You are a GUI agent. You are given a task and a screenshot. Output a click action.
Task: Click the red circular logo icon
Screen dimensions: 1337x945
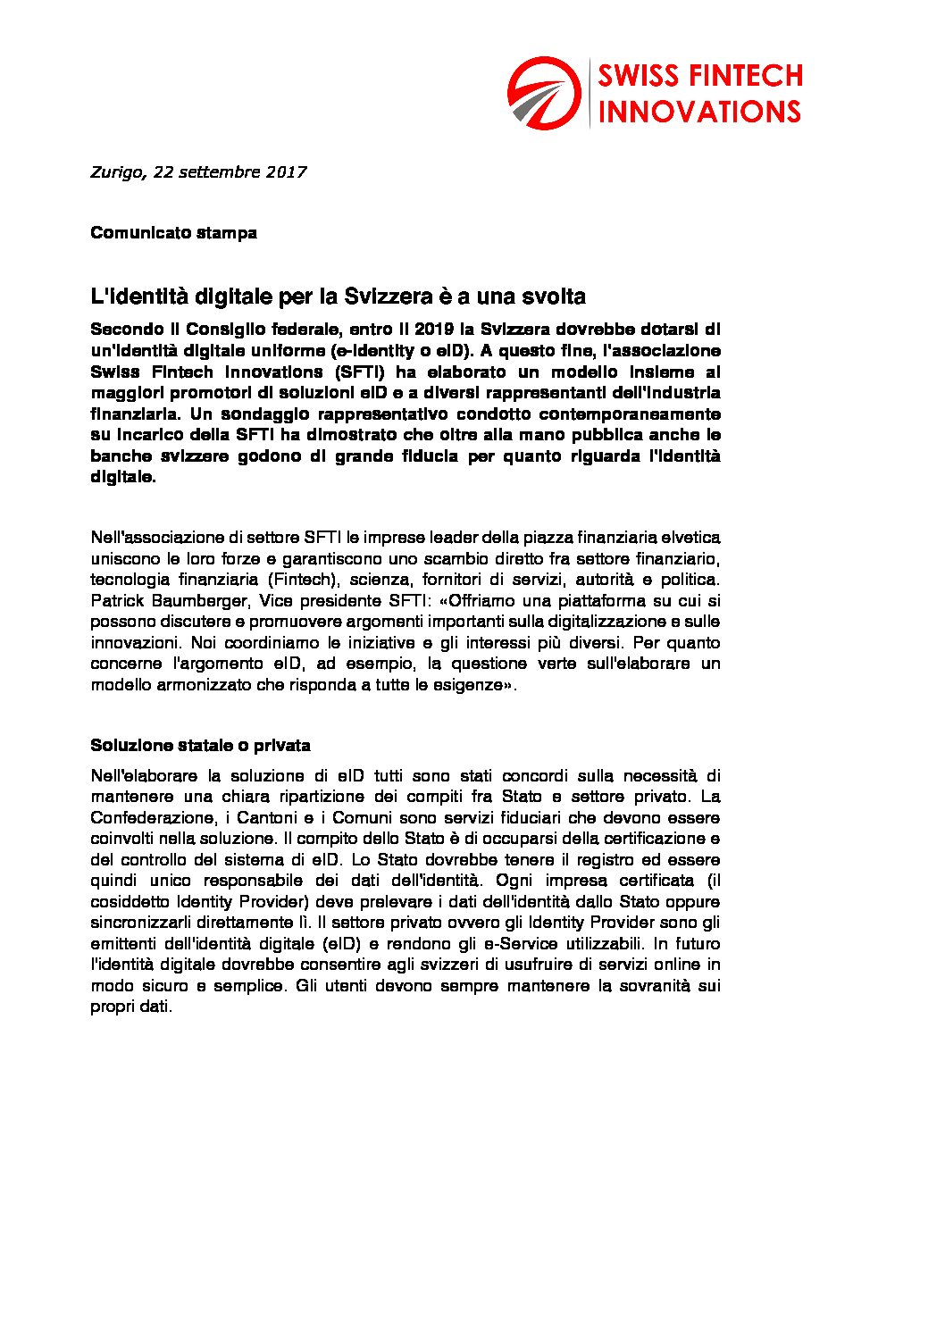(544, 93)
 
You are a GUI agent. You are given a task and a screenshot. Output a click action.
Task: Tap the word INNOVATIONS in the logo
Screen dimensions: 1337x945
(699, 112)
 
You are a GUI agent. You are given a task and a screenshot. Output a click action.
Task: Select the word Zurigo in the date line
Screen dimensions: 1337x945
(116, 172)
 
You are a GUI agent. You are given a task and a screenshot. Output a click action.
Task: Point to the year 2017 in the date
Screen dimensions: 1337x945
(286, 172)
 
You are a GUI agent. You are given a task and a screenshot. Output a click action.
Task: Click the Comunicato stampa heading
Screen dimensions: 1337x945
(173, 233)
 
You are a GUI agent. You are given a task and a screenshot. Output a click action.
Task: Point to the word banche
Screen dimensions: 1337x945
(121, 456)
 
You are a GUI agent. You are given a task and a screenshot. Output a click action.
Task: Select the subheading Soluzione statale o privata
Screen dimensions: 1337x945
(200, 746)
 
